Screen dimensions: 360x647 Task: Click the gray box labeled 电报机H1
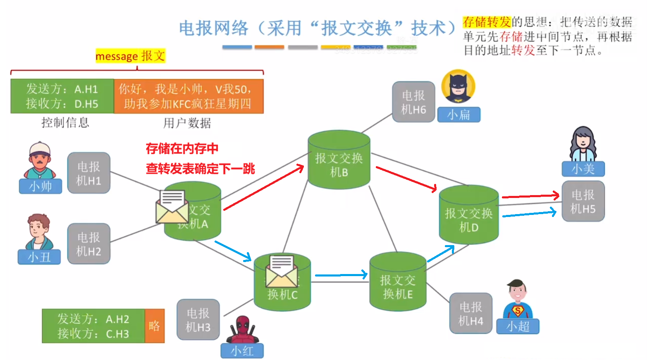88,173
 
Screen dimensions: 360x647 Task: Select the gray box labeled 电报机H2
88,244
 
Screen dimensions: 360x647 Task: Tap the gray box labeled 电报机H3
198,319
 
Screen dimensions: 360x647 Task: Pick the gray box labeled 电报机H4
470,313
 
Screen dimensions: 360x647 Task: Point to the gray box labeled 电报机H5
583,201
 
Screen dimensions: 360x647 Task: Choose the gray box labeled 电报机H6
413,102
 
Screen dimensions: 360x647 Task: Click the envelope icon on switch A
172,206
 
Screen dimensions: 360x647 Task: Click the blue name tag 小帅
41,186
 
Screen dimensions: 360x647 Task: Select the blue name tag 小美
583,169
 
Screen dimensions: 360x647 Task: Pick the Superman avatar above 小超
517,300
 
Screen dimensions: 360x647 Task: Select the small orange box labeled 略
155,326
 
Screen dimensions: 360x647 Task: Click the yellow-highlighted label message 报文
130,56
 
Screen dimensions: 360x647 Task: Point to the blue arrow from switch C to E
341,274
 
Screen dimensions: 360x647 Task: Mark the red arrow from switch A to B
264,187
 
